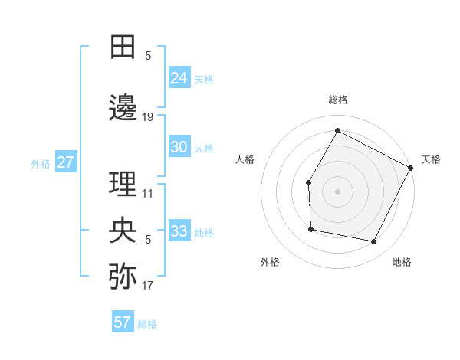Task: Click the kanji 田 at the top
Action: (x=123, y=47)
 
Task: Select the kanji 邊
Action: (x=123, y=108)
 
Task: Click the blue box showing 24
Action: (x=179, y=78)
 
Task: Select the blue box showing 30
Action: (x=179, y=148)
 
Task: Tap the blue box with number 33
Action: (x=179, y=231)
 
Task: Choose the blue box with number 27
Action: (x=65, y=162)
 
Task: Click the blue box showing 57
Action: (x=123, y=322)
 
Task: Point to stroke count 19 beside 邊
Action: (x=148, y=117)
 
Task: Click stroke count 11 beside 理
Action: (x=148, y=194)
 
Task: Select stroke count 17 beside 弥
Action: (x=148, y=286)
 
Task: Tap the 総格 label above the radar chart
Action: (x=338, y=100)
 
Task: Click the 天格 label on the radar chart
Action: (x=431, y=159)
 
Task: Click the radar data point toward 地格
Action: (x=374, y=242)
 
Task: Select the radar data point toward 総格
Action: (x=337, y=130)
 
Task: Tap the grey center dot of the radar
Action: (x=337, y=191)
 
